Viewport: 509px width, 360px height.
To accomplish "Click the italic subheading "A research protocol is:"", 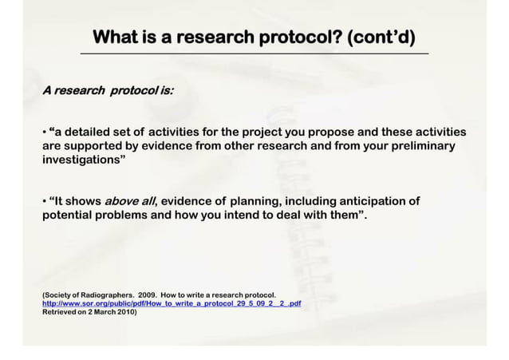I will click(108, 91).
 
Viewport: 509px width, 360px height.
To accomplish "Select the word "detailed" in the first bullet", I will click(99, 133).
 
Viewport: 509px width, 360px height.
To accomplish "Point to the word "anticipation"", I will click(372, 201).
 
